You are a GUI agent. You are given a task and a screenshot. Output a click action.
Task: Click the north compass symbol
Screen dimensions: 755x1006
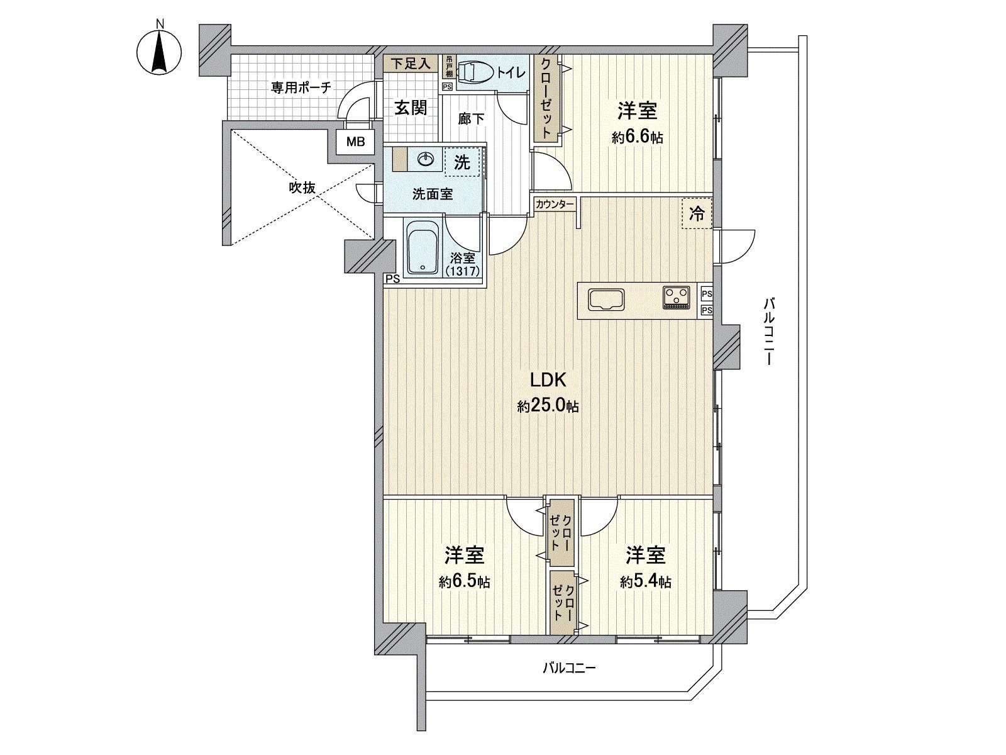click(160, 50)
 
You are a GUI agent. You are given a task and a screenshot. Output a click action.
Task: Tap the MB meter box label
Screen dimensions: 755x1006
click(356, 142)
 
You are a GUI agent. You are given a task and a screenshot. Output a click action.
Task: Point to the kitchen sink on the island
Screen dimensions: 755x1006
click(605, 299)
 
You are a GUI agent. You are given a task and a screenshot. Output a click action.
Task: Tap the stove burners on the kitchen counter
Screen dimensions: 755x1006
click(676, 297)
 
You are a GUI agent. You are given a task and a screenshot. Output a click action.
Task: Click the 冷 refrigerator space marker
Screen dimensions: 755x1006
click(697, 214)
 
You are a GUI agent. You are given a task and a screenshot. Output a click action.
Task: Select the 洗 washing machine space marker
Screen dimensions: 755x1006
click(462, 162)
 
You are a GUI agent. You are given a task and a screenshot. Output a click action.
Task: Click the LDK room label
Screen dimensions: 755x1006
click(549, 379)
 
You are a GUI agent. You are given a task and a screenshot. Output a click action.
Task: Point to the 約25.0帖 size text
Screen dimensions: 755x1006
click(548, 407)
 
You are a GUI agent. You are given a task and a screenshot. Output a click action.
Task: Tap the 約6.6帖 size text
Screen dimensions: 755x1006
click(637, 138)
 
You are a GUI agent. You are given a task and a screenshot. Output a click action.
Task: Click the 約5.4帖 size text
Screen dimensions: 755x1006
click(645, 582)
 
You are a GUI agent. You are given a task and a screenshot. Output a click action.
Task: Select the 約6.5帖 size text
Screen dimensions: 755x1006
click(464, 582)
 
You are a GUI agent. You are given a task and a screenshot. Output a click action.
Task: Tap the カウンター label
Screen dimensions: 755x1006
click(555, 204)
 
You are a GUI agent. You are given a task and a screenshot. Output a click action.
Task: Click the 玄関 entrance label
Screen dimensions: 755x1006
click(411, 108)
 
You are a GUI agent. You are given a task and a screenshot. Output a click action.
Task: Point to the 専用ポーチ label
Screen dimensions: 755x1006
click(301, 87)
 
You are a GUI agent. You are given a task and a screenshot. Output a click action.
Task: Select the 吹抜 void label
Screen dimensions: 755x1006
click(301, 187)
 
